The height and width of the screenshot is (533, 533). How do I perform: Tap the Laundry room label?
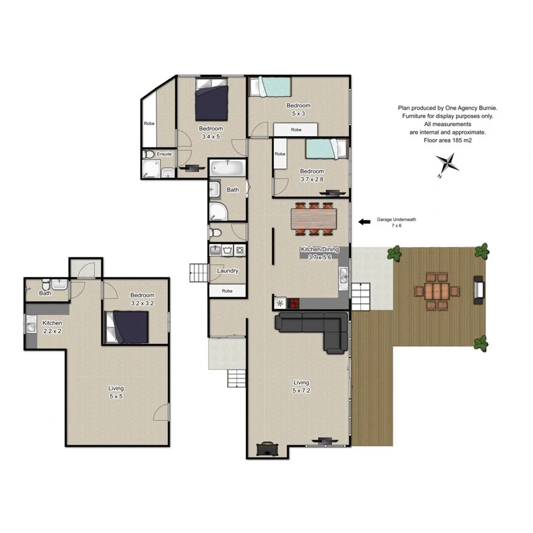[x=227, y=271]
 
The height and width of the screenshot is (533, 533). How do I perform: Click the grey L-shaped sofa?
[x=314, y=329]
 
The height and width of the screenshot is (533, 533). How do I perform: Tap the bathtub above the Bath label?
[x=227, y=168]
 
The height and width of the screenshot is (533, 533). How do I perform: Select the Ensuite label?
[x=164, y=154]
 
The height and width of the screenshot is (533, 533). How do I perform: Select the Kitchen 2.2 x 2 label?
[x=52, y=327]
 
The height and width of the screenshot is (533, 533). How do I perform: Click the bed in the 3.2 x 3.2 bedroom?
[x=127, y=326]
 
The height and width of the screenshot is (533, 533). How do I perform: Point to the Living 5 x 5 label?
[x=116, y=392]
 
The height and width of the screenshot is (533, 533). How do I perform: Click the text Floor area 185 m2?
[x=447, y=141]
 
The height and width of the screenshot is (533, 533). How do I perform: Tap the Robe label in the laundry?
[x=227, y=291]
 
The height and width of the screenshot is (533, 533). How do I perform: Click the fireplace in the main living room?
[x=268, y=450]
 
